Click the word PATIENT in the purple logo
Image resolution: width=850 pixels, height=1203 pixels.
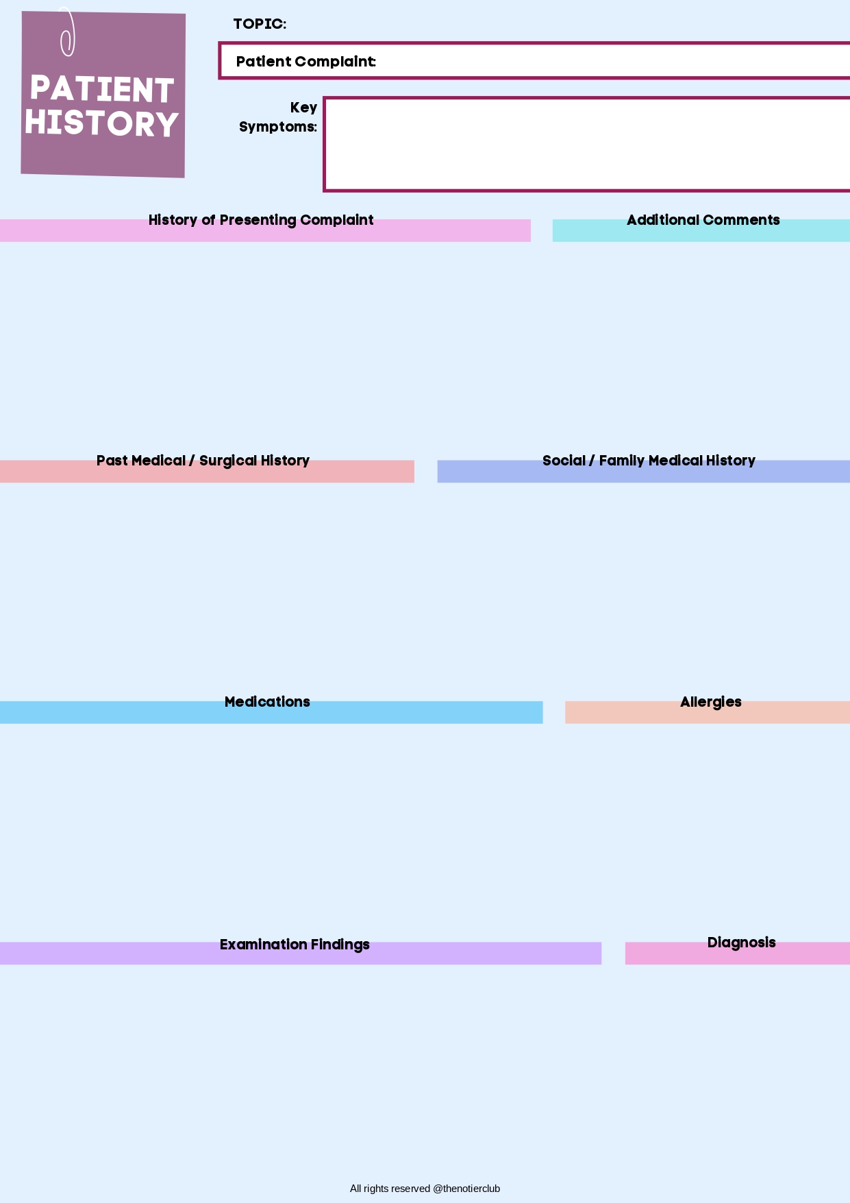click(x=102, y=90)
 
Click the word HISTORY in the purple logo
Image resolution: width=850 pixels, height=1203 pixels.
click(x=102, y=123)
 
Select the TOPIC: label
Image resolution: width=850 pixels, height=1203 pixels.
click(x=260, y=24)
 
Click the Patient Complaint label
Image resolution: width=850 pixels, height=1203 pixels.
click(x=305, y=62)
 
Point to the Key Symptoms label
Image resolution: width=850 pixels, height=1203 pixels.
click(x=279, y=117)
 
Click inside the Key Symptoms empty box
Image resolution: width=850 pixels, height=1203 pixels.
click(x=586, y=144)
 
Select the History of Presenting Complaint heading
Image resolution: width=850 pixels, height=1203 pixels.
click(x=261, y=220)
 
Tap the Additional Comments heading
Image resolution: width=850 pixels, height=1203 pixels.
click(x=703, y=220)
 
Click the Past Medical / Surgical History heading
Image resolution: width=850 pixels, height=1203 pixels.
click(x=203, y=461)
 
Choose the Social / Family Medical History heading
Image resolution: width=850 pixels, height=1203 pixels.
click(x=649, y=461)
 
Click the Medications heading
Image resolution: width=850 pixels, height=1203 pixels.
click(x=267, y=702)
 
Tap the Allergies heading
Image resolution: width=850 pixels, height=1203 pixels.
click(x=710, y=702)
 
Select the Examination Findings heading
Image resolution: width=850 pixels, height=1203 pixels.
click(x=295, y=945)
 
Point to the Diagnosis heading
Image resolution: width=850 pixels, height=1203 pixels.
click(x=741, y=943)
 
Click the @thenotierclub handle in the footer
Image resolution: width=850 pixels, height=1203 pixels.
click(x=466, y=1189)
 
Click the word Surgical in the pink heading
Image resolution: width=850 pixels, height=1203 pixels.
click(x=228, y=461)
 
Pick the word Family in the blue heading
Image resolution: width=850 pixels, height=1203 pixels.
click(x=622, y=461)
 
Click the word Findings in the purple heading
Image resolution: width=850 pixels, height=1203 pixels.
click(x=340, y=945)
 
